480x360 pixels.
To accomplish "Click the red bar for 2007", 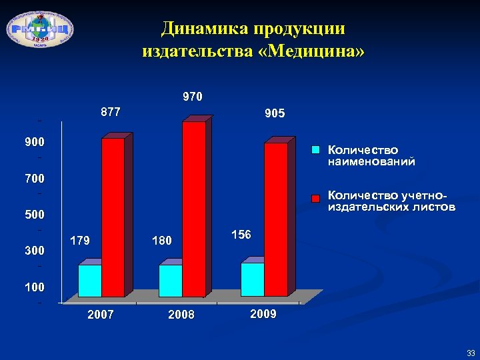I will tap(113, 217).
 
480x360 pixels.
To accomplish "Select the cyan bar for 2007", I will tap(90, 281).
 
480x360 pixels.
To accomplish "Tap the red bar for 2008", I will tap(193, 209).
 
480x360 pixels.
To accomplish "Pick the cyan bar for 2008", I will tap(170, 281).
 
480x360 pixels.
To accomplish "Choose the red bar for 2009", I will tap(276, 219).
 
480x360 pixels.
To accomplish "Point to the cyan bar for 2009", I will tap(253, 279).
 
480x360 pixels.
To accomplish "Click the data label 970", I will tap(193, 97).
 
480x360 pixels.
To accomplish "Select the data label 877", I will tap(110, 112).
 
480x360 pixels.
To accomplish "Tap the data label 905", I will tap(275, 114).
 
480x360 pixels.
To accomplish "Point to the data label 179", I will tap(80, 241).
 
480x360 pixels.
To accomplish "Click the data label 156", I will tap(241, 235).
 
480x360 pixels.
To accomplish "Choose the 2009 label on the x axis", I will tap(263, 314).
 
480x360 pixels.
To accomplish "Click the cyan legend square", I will tap(318, 150).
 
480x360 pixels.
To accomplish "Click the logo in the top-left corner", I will tap(40, 29).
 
